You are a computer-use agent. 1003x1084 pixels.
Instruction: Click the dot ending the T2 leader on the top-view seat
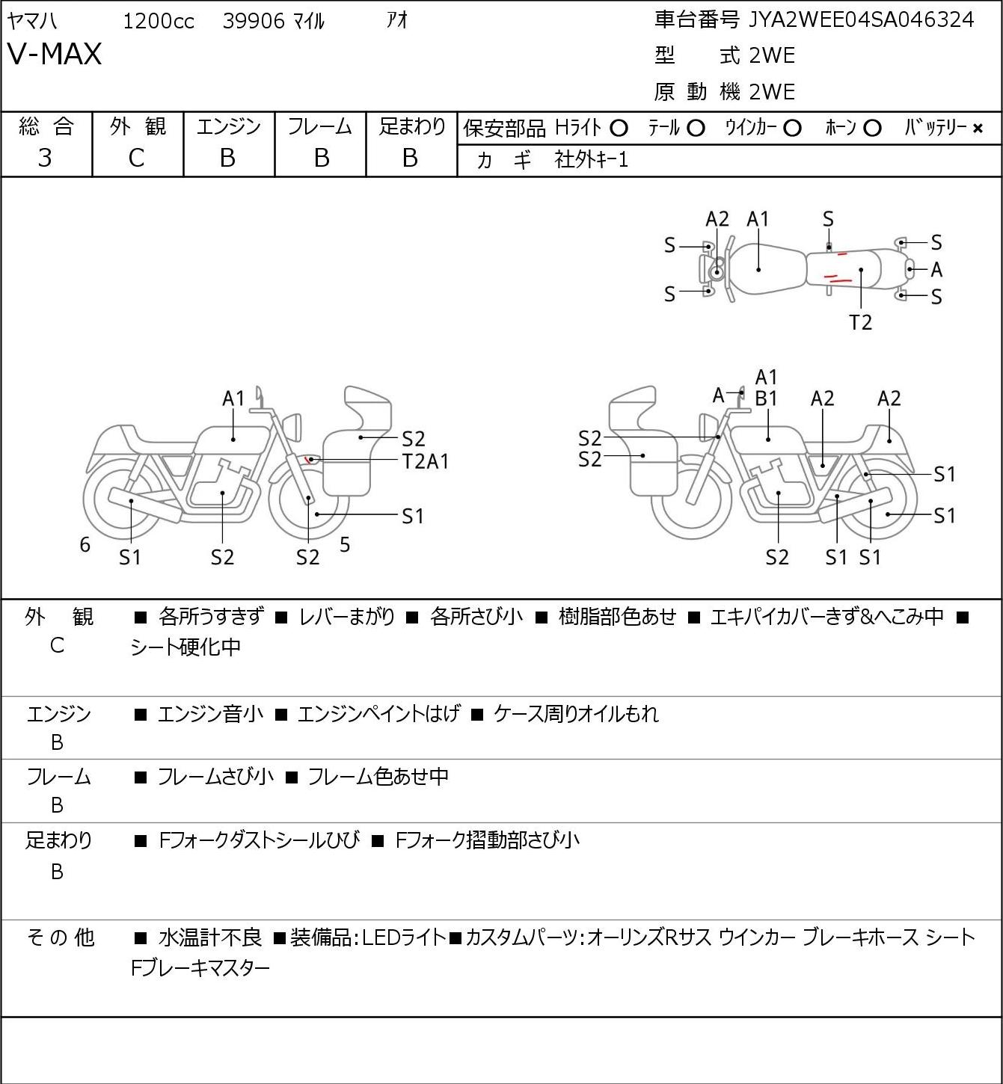860,270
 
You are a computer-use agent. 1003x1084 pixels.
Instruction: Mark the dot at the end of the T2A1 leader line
311,460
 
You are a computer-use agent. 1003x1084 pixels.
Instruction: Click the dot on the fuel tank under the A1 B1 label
768,439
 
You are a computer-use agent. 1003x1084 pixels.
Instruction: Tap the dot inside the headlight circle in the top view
718,271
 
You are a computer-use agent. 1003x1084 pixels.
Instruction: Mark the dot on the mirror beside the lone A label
741,392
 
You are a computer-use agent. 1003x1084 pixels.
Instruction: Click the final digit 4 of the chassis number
968,19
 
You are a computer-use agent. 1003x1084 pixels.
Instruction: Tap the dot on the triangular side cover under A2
823,466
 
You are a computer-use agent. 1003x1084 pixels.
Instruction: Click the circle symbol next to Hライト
619,129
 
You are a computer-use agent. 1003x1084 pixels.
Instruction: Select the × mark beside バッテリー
978,129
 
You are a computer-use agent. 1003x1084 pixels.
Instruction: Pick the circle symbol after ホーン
872,129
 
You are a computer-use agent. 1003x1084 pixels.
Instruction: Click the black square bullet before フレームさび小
141,777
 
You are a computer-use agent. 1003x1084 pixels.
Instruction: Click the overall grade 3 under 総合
45,158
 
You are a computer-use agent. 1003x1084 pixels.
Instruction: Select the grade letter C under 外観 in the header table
136,158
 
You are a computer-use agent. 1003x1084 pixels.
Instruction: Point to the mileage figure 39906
254,21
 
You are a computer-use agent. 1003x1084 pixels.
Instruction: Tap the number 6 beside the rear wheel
85,544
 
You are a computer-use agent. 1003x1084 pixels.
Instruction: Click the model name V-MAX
55,54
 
